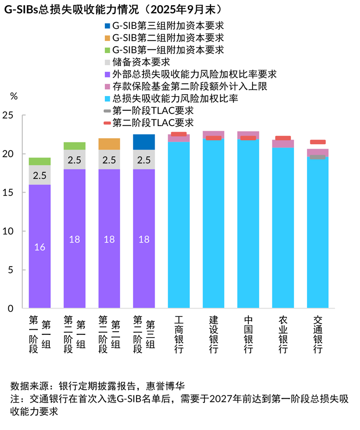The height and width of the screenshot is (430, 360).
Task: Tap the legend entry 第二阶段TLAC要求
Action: click(x=152, y=122)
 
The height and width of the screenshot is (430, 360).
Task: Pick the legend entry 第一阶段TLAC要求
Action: click(x=152, y=110)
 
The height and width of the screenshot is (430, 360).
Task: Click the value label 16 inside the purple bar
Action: click(x=40, y=247)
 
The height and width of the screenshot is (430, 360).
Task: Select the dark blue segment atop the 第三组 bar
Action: click(x=144, y=142)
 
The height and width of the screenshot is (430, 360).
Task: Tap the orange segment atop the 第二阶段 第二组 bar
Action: click(x=109, y=144)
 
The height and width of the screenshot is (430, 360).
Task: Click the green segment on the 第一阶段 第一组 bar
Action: click(x=40, y=161)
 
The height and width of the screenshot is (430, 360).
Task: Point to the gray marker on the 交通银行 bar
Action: click(x=318, y=157)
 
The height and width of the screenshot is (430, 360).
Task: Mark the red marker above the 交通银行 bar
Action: click(x=318, y=142)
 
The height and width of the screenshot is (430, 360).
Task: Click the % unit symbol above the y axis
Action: click(x=14, y=97)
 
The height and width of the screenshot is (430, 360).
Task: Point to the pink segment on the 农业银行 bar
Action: click(x=283, y=144)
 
